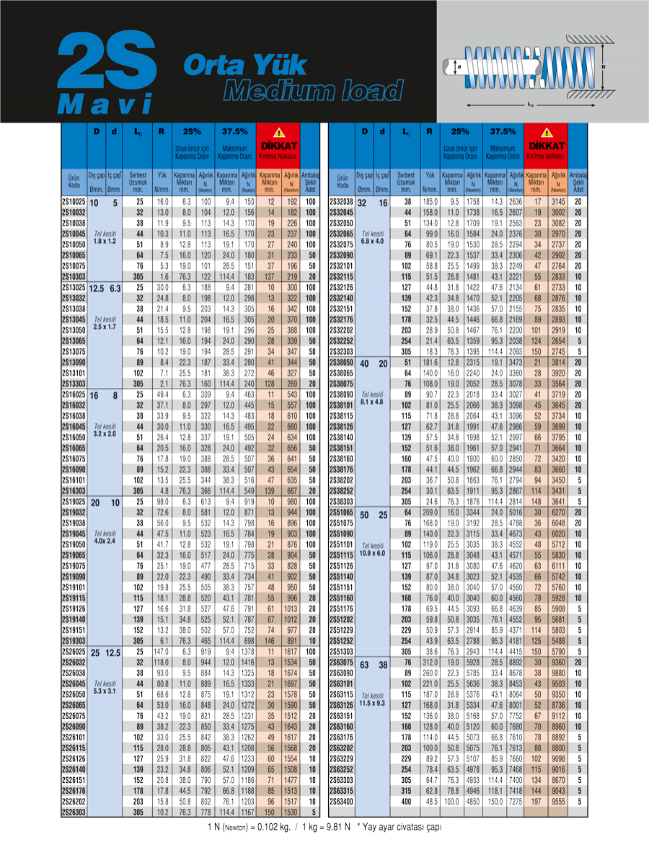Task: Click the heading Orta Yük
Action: [245, 66]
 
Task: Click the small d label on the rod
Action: [459, 66]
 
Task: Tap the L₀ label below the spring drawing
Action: [531, 105]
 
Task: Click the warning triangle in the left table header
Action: [278, 133]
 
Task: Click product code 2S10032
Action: [74, 213]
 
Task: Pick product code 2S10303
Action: [74, 276]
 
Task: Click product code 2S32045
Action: [342, 213]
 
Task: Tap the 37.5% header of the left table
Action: [235, 133]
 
